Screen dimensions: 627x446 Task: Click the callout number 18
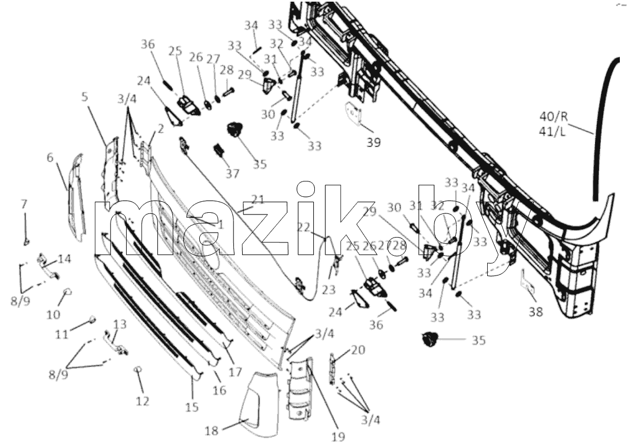tap(211, 431)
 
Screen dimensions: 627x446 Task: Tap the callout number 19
tap(339, 437)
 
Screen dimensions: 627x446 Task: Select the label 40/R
tap(553, 117)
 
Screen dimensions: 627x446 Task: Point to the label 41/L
tap(553, 131)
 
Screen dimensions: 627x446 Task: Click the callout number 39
tap(373, 142)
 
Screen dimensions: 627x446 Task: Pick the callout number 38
tap(536, 311)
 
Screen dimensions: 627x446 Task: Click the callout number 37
tap(232, 173)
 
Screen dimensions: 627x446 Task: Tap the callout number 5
tap(84, 97)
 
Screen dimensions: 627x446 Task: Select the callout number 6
tap(50, 157)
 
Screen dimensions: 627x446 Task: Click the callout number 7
tap(24, 204)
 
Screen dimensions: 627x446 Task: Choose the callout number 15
tap(192, 407)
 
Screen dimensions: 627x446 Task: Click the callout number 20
tap(358, 350)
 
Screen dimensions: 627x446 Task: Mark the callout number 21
tap(258, 200)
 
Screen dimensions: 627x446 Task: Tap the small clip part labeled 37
tap(219, 150)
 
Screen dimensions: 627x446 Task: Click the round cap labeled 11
tap(92, 319)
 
